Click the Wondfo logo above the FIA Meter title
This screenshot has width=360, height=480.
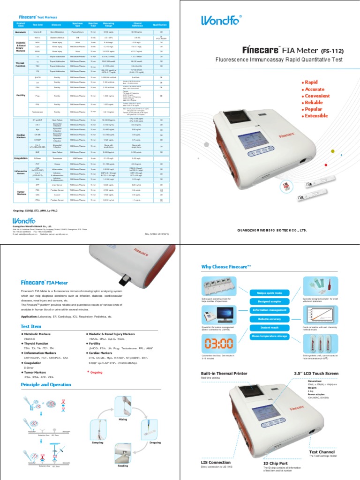point(221,20)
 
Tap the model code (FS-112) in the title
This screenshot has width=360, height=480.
point(336,51)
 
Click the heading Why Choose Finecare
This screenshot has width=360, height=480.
point(223,267)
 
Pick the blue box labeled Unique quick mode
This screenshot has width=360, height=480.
point(269,293)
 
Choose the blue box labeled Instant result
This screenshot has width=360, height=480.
point(269,328)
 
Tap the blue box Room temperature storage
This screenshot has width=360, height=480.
point(269,337)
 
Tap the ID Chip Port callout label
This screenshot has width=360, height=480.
point(275,463)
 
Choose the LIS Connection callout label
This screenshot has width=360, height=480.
point(216,462)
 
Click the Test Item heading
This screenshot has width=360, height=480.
point(31,326)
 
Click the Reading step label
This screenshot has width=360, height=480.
point(123,466)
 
